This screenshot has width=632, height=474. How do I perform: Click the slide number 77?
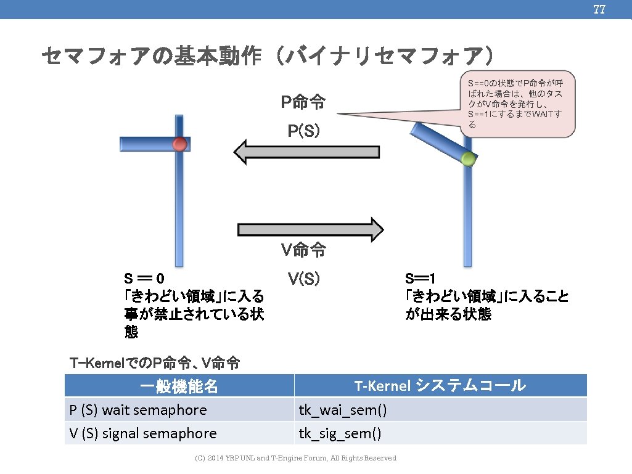599,10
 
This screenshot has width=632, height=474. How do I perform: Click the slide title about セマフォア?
268,56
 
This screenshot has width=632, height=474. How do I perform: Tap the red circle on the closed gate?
179,144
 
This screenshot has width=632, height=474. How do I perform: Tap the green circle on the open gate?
468,159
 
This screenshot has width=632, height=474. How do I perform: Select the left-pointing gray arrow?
306,152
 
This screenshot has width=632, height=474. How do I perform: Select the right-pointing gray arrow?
311,229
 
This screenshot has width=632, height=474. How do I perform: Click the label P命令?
303,102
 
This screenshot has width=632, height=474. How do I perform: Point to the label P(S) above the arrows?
303,131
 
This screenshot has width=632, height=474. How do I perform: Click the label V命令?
303,250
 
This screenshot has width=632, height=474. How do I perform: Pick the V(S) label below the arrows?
303,279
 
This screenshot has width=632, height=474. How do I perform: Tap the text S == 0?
144,279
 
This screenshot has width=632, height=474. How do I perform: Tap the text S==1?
421,279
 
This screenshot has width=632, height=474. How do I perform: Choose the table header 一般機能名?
179,386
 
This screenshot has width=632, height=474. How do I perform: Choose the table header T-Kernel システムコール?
440,386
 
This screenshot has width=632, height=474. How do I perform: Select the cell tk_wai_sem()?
343,411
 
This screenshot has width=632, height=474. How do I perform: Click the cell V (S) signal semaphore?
143,433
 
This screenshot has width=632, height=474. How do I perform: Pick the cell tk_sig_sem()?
340,434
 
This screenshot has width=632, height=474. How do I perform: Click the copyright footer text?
295,458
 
